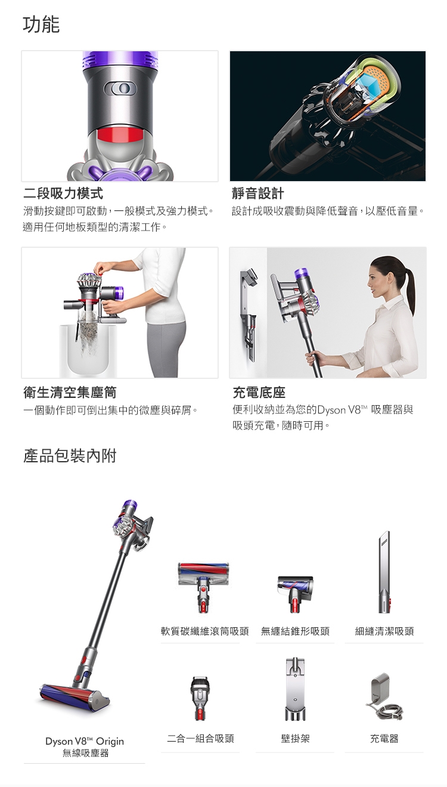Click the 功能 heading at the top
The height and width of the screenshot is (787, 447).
pos(41,24)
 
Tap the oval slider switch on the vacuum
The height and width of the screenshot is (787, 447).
pos(120,88)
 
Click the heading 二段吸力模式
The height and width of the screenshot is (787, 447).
pos(63,193)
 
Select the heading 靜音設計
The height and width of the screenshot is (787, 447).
pos(257,193)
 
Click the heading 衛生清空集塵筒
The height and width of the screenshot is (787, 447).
pos(70,393)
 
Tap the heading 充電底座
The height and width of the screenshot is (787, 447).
pos(259,393)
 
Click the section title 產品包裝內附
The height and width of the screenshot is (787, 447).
pos(70,456)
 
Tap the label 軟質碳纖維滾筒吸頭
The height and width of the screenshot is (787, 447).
pos(205,632)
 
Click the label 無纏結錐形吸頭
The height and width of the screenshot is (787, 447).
pos(295,632)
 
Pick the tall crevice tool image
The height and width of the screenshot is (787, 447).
pos(384,572)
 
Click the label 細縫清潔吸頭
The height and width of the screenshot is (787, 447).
pos(384,632)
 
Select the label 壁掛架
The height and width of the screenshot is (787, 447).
pos(295,739)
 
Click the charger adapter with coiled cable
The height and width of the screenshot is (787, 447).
pos(384,696)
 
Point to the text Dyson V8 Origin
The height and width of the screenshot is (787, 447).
pos(85,741)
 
